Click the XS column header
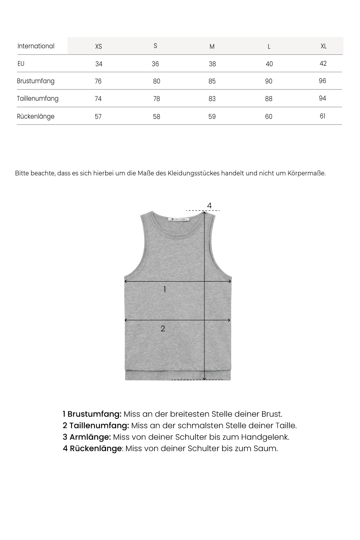[98, 46]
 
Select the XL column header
[324, 46]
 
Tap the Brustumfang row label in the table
[36, 81]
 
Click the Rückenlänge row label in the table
[36, 116]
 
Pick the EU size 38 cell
[212, 64]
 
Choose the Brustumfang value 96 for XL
[322, 81]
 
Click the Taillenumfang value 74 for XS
[98, 99]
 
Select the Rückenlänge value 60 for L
[268, 116]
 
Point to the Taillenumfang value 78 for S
[156, 99]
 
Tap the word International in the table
[36, 46]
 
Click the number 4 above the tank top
[209, 206]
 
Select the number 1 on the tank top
[164, 289]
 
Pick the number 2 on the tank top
[163, 328]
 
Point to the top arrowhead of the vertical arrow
[205, 213]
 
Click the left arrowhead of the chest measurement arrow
[126, 282]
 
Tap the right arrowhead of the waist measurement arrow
[229, 320]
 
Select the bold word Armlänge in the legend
[90, 437]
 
